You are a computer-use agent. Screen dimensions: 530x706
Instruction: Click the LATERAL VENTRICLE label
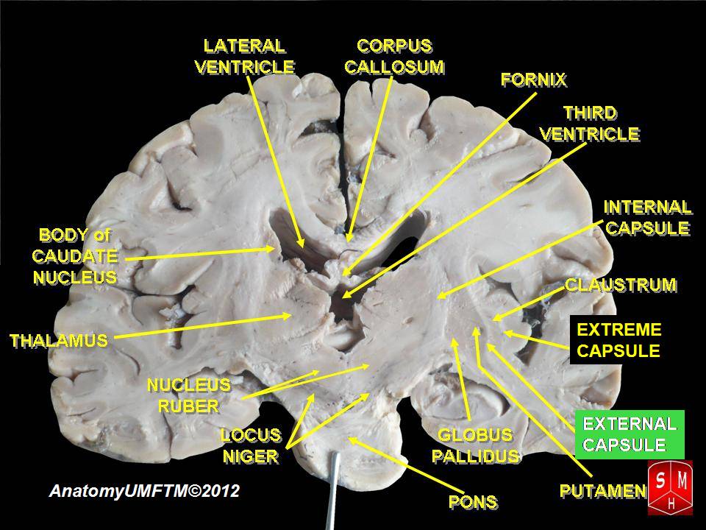coord(244,56)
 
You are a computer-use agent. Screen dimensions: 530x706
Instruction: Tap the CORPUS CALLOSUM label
coord(394,56)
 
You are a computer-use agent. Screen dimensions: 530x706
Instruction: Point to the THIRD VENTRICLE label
coord(590,124)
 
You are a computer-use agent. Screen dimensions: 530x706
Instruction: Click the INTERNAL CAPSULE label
coord(647,217)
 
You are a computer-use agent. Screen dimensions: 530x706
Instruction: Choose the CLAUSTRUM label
coord(620,285)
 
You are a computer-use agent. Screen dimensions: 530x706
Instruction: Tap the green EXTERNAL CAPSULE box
coord(630,434)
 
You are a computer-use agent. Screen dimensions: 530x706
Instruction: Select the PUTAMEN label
coord(602,490)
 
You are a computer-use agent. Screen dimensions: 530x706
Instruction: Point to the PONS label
coord(472,503)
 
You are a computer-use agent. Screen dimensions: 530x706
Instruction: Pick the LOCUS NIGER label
coord(251,446)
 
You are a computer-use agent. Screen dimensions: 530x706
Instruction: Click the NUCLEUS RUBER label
coord(189,395)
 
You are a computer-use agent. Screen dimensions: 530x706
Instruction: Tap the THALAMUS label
coord(58,341)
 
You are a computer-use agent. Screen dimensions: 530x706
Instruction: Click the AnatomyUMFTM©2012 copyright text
coord(144,491)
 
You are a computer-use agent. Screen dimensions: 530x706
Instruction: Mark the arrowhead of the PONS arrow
coord(351,439)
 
